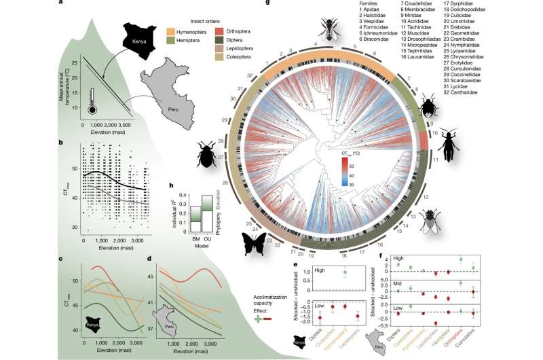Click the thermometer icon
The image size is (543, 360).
92,101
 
